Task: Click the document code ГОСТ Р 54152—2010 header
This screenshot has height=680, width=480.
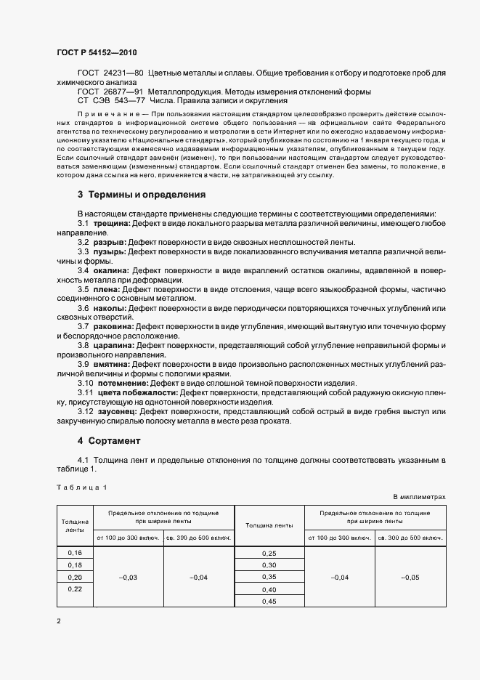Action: tap(96, 53)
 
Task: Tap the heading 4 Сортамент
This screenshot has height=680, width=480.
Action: tap(109, 441)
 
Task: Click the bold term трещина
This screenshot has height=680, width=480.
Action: tap(112, 224)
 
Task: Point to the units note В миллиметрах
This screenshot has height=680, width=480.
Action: tap(419, 497)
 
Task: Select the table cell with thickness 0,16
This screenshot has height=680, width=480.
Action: tap(75, 553)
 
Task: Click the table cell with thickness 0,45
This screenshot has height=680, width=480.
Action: tap(269, 601)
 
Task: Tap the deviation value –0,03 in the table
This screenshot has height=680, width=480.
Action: tap(128, 577)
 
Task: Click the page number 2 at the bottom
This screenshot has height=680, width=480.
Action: tap(59, 621)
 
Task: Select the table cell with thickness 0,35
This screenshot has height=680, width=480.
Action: tap(269, 577)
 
